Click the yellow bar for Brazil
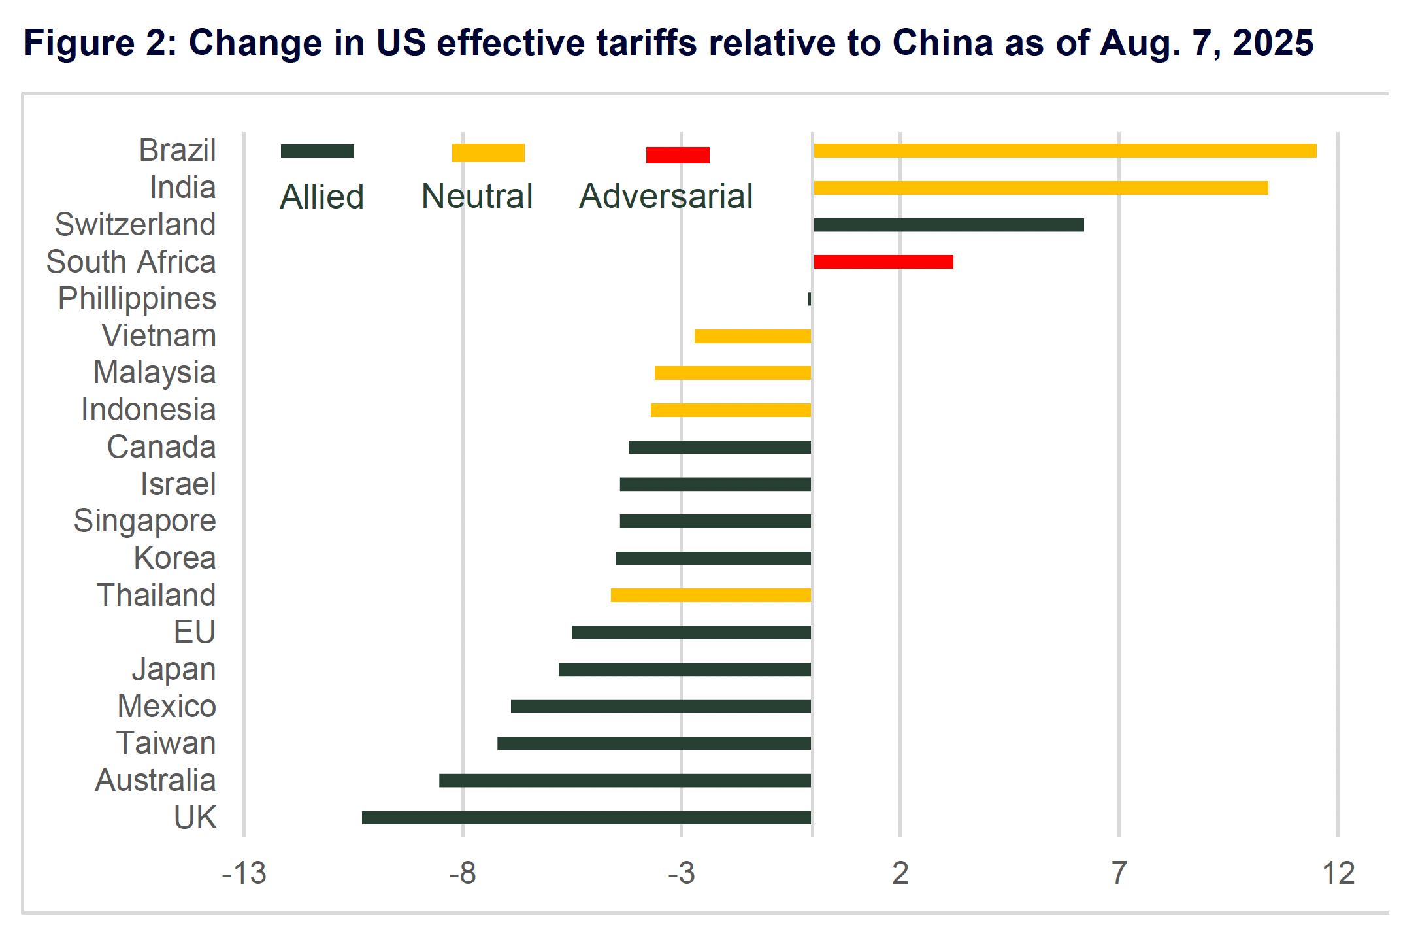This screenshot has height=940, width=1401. click(x=1064, y=151)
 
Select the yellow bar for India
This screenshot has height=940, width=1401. click(x=1040, y=188)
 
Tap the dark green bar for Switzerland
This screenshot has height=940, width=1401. click(x=948, y=225)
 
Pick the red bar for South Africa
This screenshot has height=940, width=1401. click(x=883, y=262)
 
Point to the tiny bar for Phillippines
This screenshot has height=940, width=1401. click(x=810, y=299)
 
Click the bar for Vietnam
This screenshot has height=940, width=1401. click(x=752, y=336)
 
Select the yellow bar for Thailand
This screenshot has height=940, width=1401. click(x=710, y=595)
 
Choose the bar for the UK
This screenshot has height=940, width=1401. click(x=586, y=817)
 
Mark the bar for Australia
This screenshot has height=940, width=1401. click(x=625, y=781)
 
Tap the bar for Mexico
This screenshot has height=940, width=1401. click(x=661, y=706)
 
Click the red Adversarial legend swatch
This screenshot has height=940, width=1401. click(x=678, y=155)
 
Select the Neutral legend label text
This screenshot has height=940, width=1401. click(x=477, y=196)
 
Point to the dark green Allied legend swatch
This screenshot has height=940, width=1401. click(x=318, y=151)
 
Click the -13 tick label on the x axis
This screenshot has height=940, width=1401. click(x=244, y=873)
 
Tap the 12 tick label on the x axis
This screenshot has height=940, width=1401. click(x=1338, y=873)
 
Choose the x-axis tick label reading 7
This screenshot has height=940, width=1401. click(x=1119, y=873)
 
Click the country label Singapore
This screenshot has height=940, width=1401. click(x=144, y=521)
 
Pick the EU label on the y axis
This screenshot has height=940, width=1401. click(x=194, y=632)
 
